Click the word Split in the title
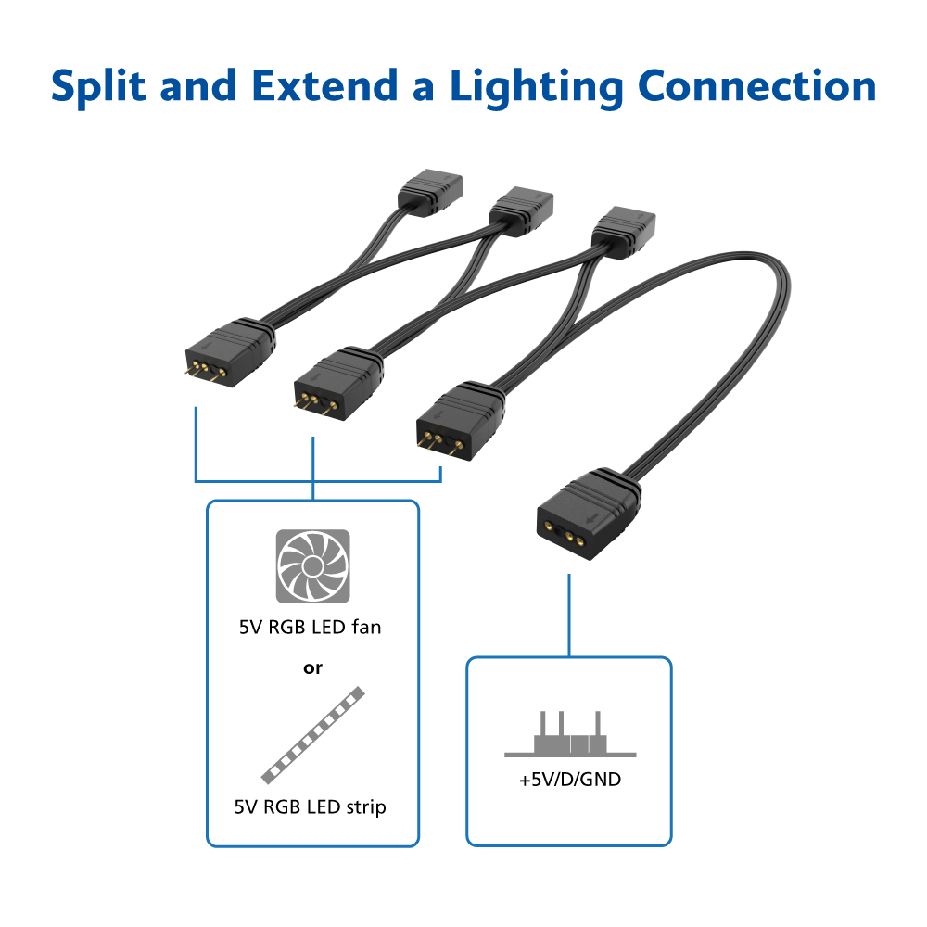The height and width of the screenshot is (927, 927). pyautogui.click(x=98, y=86)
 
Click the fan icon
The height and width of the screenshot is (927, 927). pyautogui.click(x=313, y=566)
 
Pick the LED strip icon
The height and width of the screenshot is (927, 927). pyautogui.click(x=312, y=735)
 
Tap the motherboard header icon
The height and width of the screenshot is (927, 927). pyautogui.click(x=569, y=737)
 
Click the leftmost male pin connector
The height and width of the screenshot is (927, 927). pyautogui.click(x=227, y=351)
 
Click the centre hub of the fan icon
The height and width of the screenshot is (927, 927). pyautogui.click(x=313, y=566)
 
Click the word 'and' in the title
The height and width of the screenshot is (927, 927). pyautogui.click(x=200, y=86)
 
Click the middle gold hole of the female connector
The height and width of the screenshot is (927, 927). pyautogui.click(x=566, y=535)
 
